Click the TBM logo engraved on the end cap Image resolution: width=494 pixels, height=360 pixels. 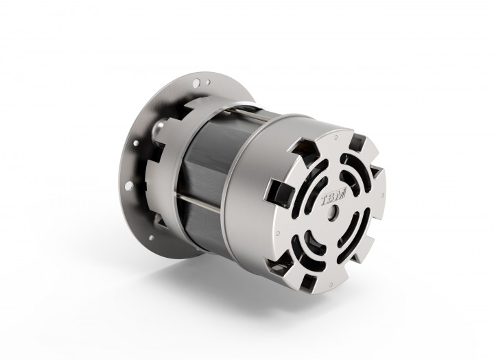333,200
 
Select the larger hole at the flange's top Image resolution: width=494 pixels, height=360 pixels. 196,83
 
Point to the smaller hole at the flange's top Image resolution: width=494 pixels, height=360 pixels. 208,82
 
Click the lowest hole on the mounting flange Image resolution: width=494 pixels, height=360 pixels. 151,238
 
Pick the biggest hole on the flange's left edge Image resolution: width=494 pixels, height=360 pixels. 128,186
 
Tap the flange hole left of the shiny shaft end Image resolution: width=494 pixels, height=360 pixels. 136,143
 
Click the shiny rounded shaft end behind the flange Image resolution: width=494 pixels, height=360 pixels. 158,129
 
